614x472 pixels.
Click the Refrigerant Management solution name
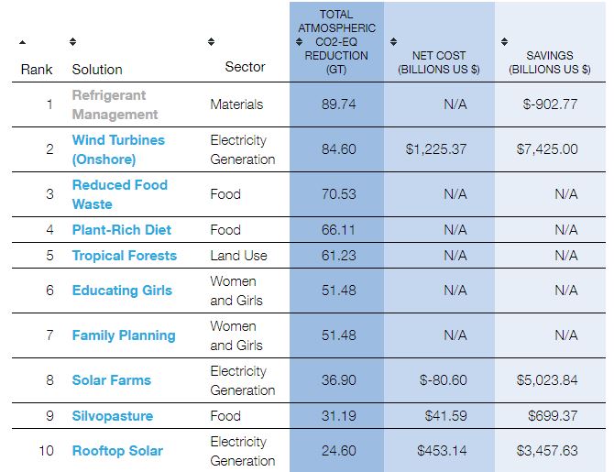coord(115,104)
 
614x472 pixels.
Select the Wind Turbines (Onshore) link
coord(118,149)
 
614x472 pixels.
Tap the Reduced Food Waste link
coord(119,194)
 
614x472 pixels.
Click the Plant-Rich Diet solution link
coord(121,230)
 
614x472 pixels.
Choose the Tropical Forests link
coord(124,256)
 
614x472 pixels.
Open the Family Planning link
coord(124,335)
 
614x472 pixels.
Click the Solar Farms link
coord(111,380)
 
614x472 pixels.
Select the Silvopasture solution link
coord(112,416)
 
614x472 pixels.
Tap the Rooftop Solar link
coord(117,451)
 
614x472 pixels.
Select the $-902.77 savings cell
coord(550,104)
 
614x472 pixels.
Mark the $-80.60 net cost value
coord(442,380)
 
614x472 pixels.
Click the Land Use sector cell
coord(238,256)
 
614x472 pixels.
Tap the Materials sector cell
coord(236,104)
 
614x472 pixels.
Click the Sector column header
coord(245,67)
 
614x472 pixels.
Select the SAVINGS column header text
coord(550,62)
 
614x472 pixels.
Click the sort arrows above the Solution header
coord(73,42)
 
